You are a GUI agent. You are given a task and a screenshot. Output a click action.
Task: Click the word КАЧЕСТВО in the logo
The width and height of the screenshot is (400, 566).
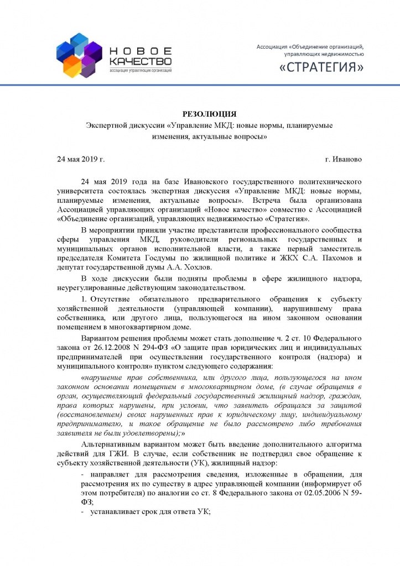pos(140,60)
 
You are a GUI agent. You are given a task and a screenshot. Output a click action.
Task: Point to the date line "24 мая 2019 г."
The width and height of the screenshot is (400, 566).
pos(81,159)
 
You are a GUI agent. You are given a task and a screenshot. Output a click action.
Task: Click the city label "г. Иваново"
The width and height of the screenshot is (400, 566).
pos(344,159)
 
